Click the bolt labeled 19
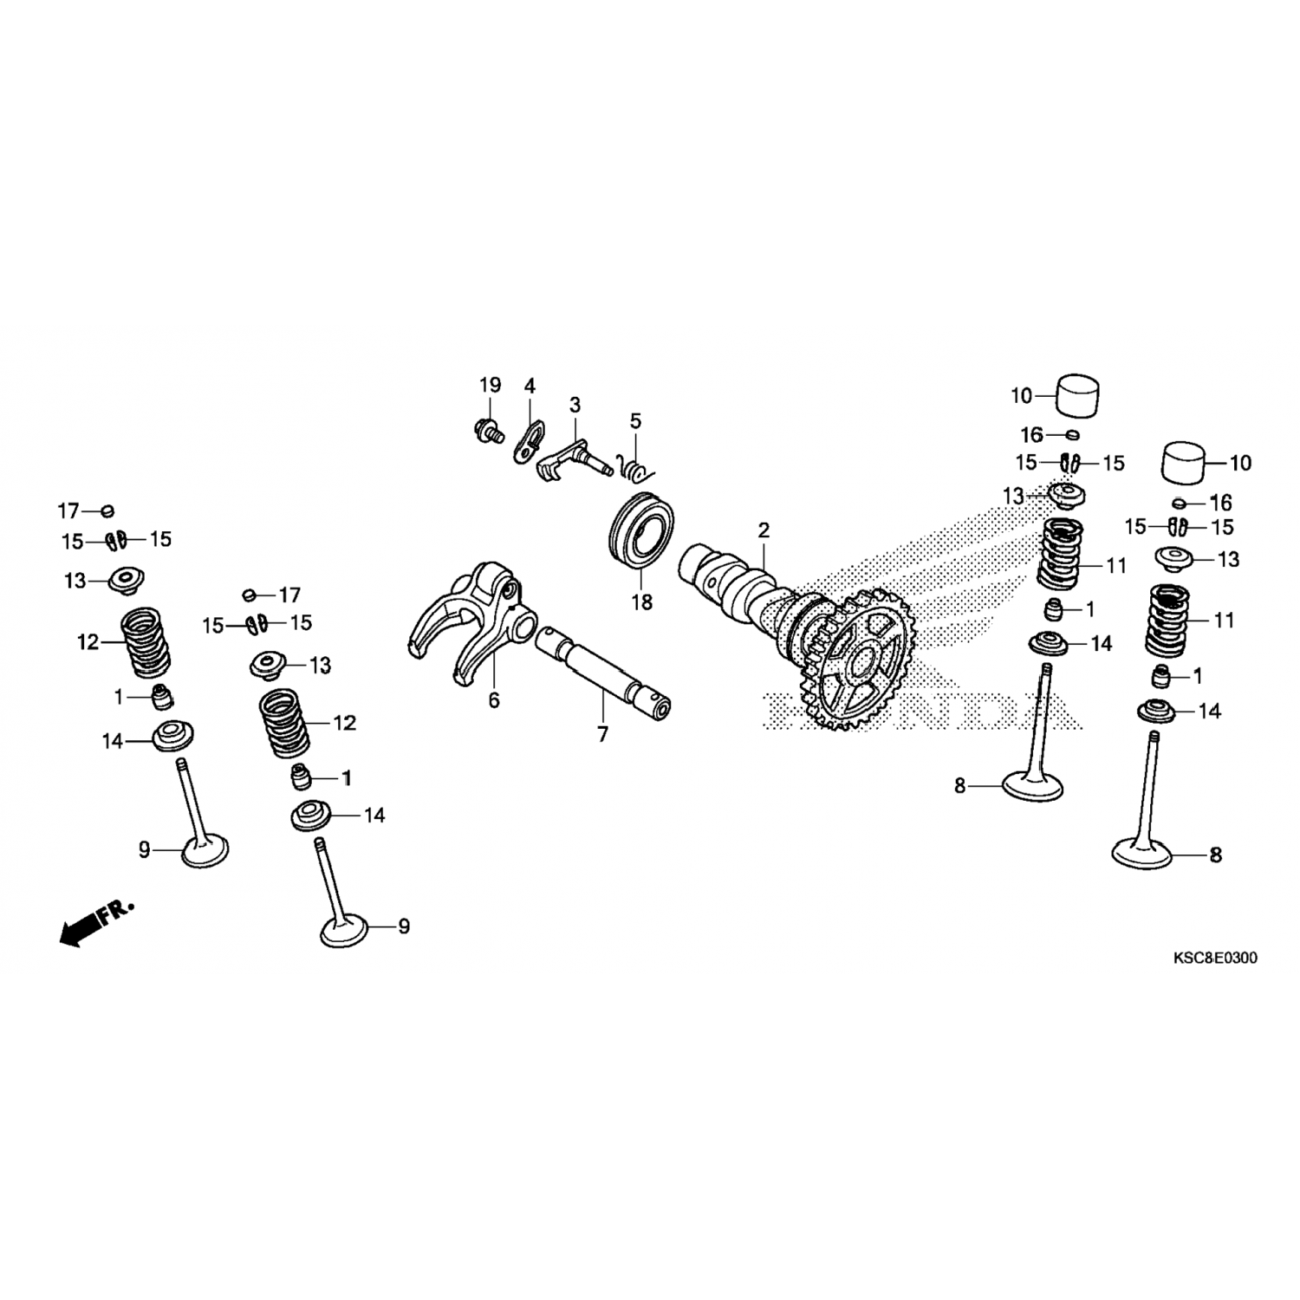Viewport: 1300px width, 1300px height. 489,429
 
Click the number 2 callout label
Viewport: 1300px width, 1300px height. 763,530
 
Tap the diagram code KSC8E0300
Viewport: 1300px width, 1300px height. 1215,958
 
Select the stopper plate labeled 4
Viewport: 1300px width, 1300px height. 530,442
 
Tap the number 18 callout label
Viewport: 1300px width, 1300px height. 641,601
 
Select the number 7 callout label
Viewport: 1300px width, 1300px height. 602,735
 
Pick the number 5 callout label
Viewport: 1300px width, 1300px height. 635,421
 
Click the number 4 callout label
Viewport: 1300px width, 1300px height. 529,386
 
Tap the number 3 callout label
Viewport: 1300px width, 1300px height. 575,405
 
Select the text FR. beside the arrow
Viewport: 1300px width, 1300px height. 116,912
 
